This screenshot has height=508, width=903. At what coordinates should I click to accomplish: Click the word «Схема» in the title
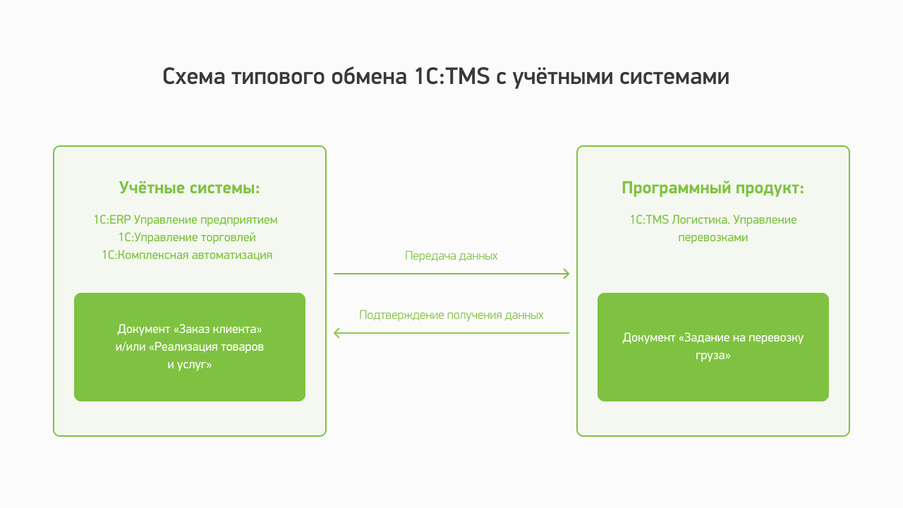pos(193,76)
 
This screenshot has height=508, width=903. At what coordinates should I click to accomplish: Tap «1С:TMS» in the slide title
pos(452,76)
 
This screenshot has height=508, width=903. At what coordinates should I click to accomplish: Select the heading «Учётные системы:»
pos(190,188)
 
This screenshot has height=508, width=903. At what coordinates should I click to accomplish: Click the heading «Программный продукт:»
pos(713,188)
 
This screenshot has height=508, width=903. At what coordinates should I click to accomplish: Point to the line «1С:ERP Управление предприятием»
pos(186,220)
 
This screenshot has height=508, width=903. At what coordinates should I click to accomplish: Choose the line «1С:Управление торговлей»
pos(187,238)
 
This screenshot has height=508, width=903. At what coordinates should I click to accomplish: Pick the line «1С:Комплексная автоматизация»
pos(187,255)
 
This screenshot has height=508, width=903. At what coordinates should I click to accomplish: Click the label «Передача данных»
pos(451,256)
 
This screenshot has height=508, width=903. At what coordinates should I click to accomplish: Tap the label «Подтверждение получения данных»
pos(451,315)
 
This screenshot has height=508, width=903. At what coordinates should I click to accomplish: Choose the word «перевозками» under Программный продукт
pos(713,238)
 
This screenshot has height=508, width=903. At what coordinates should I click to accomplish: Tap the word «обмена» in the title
pos(369,76)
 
